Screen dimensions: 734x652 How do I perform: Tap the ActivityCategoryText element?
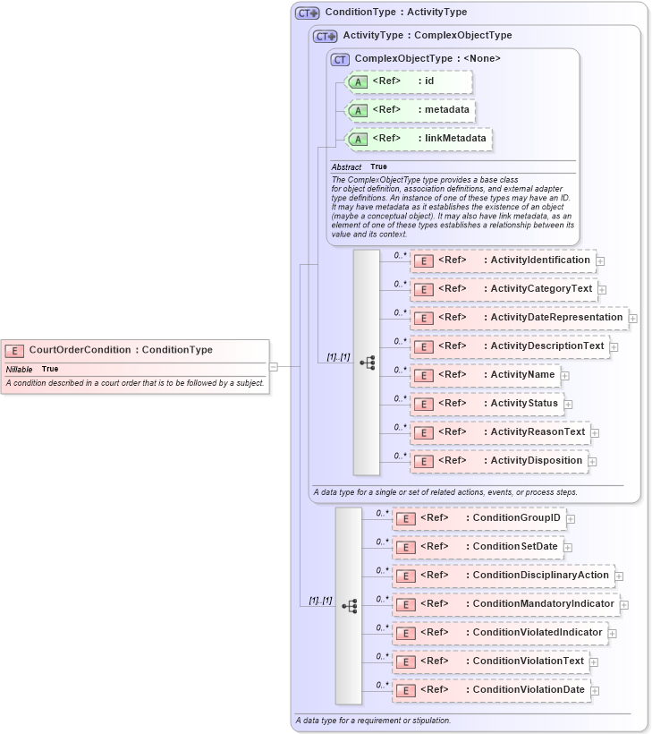click(x=503, y=289)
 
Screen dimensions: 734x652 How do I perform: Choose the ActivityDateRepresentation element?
click(x=519, y=318)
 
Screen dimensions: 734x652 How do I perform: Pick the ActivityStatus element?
click(x=487, y=403)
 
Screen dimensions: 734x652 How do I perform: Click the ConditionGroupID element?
click(x=478, y=518)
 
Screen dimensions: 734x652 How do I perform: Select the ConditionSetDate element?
click(x=478, y=546)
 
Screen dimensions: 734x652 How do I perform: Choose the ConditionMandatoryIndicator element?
click(x=506, y=603)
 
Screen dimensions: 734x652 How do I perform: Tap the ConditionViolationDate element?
click(x=492, y=690)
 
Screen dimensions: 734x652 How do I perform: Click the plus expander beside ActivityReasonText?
click(x=595, y=433)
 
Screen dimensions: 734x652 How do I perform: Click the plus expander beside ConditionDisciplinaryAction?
click(x=618, y=576)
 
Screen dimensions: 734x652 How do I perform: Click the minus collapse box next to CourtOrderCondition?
click(x=274, y=365)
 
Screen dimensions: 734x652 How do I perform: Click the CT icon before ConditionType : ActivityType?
click(x=308, y=13)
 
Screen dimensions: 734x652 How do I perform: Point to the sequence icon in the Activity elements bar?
click(x=367, y=363)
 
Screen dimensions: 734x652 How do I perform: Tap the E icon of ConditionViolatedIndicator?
click(x=405, y=633)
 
